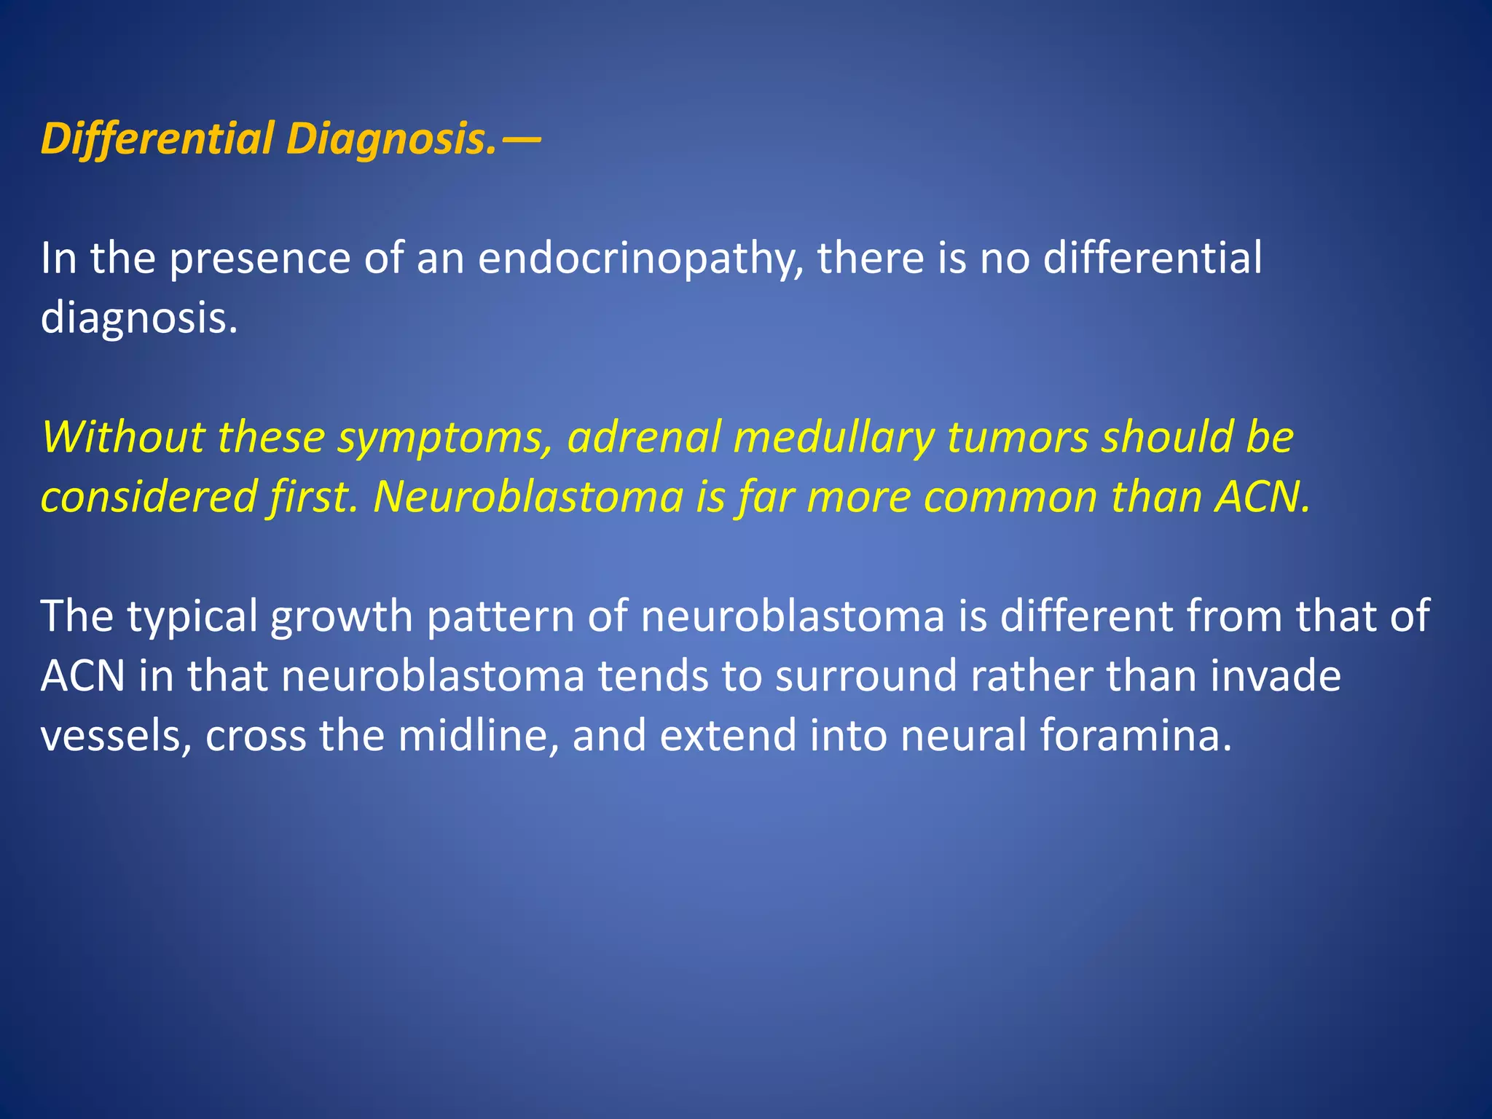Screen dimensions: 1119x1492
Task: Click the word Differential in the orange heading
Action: tap(157, 138)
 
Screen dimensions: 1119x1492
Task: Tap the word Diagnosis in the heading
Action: tap(391, 138)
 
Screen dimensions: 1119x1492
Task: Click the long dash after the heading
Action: tap(521, 138)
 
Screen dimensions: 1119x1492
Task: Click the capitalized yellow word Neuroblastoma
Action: tap(527, 498)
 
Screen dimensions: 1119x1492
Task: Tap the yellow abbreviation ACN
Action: tap(1260, 498)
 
